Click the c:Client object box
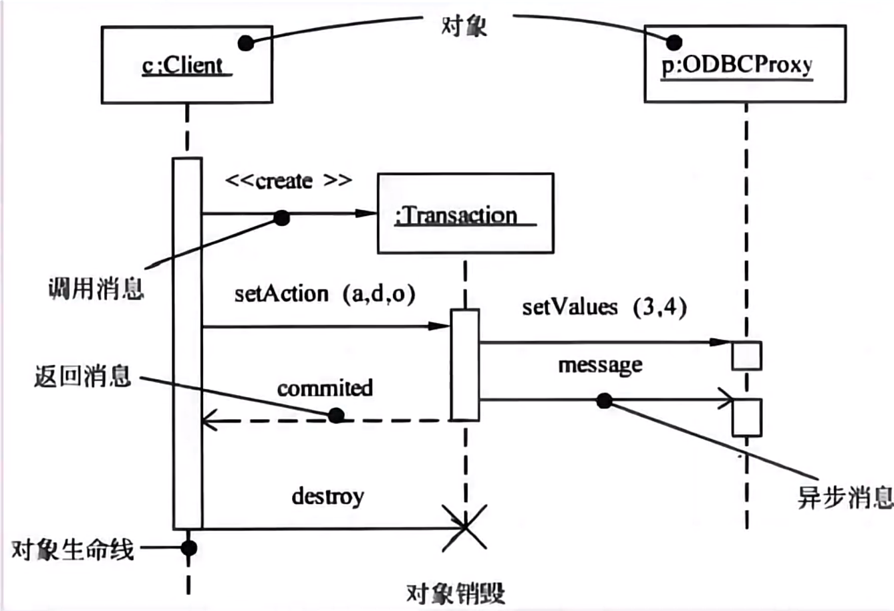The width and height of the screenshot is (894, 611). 186,64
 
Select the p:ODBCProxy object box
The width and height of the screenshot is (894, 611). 744,64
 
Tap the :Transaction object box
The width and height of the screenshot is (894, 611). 465,214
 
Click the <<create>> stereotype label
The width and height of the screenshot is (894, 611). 288,181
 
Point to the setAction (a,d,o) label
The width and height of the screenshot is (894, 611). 325,294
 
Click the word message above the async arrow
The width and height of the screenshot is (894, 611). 600,365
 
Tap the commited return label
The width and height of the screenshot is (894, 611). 325,388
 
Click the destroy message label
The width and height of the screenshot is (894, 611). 327,496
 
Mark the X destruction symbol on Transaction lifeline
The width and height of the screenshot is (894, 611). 465,528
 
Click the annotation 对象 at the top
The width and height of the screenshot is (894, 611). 464,25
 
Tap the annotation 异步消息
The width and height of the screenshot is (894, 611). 845,497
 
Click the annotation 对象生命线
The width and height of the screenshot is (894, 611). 73,549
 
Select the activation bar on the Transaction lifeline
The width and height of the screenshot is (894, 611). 464,364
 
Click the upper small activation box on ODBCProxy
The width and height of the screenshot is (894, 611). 746,355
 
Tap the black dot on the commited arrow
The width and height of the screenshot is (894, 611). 337,416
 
